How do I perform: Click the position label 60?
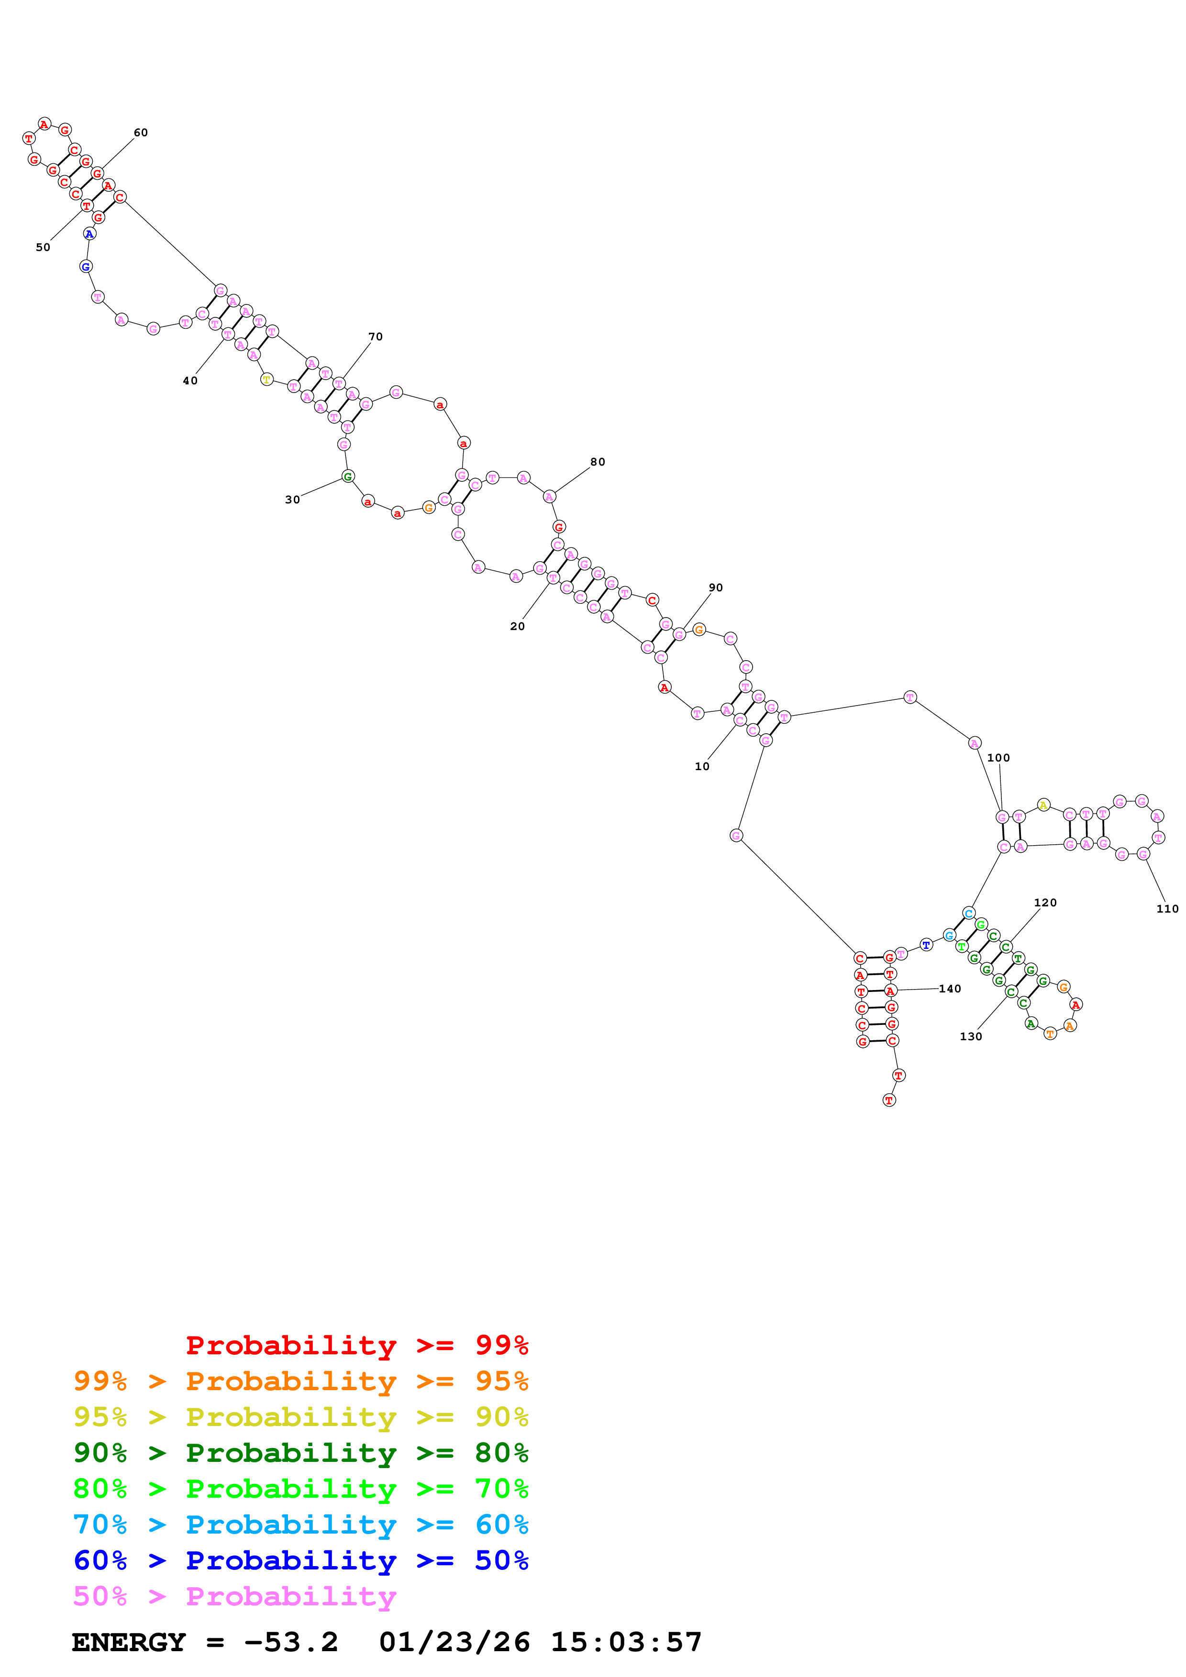click(140, 132)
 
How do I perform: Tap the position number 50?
click(43, 247)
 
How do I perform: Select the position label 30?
click(292, 500)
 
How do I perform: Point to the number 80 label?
click(597, 462)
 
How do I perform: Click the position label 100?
click(998, 757)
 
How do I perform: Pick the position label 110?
click(1167, 909)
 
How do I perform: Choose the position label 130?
click(970, 1036)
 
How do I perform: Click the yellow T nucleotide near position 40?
click(267, 380)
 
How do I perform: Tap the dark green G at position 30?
click(348, 476)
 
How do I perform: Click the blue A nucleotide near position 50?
click(89, 234)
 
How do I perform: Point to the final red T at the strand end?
click(888, 1100)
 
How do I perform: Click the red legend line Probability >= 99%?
click(356, 1345)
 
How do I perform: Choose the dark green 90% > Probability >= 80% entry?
click(300, 1453)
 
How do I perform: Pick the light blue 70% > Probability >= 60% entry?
click(300, 1525)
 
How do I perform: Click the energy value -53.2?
click(291, 1643)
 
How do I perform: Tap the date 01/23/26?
click(454, 1643)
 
